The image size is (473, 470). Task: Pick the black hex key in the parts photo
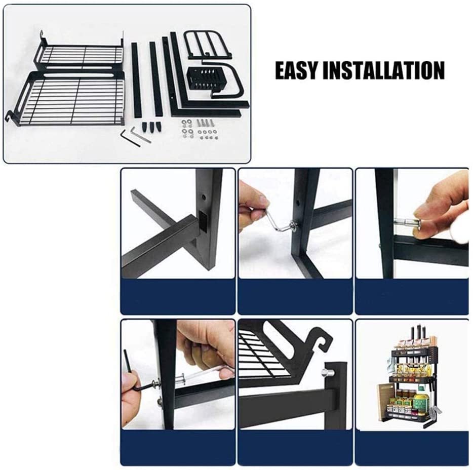coord(131,138)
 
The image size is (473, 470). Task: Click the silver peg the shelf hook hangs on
coord(327,373)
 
